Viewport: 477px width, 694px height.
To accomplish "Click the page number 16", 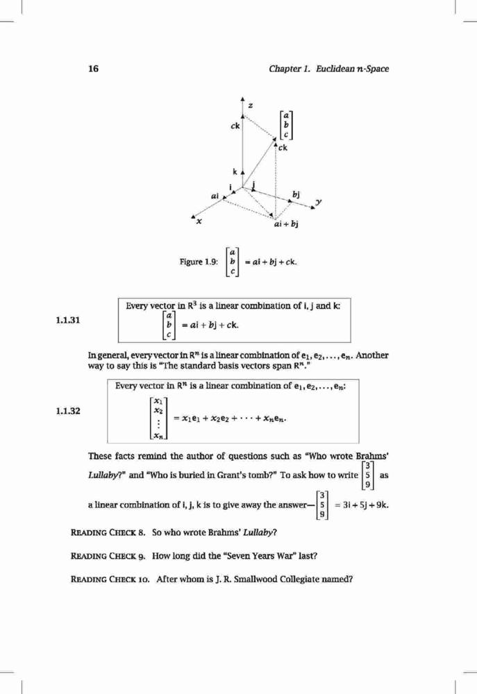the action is pyautogui.click(x=94, y=69).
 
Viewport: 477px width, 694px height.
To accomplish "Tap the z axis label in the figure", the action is pyautogui.click(x=251, y=105).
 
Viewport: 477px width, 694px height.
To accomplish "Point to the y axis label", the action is pyautogui.click(x=318, y=203).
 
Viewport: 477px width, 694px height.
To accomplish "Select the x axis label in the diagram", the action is pyautogui.click(x=199, y=221).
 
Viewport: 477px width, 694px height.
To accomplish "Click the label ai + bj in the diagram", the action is pyautogui.click(x=286, y=224).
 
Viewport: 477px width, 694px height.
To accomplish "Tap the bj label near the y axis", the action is pyautogui.click(x=296, y=195).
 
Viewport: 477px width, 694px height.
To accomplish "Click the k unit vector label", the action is pyautogui.click(x=235, y=171).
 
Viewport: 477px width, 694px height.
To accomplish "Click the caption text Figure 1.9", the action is pyautogui.click(x=199, y=262).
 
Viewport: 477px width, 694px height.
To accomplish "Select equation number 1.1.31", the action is pyautogui.click(x=68, y=320).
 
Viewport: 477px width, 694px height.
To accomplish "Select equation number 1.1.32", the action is pyautogui.click(x=68, y=411).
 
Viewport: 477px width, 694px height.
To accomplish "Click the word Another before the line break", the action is pyautogui.click(x=372, y=355).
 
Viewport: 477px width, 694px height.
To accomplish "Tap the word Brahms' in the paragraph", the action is pyautogui.click(x=372, y=456).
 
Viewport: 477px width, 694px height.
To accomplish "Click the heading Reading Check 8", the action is pyautogui.click(x=108, y=532).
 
